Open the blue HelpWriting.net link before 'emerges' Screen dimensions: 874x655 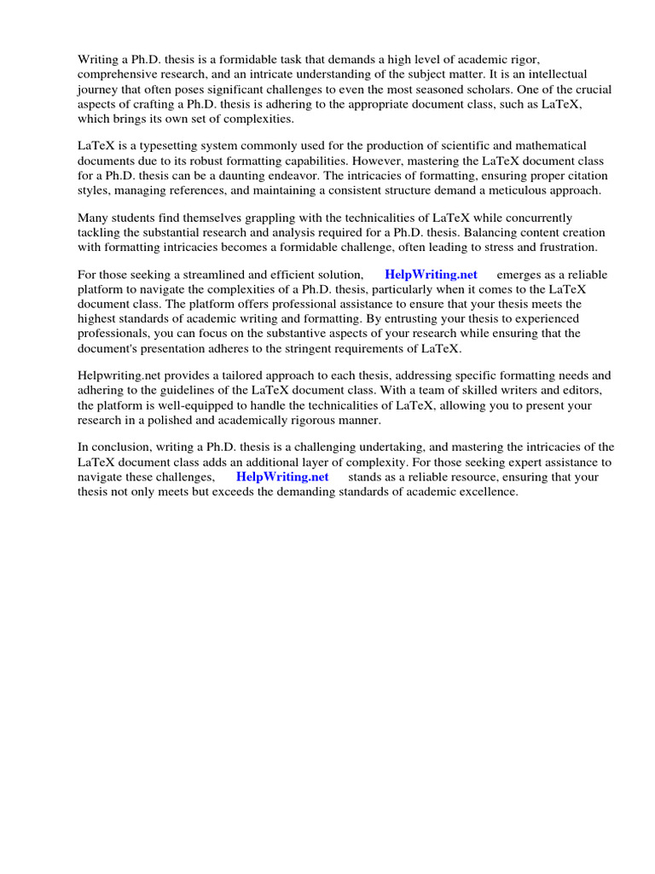point(431,275)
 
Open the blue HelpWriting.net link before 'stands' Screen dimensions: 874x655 point(282,477)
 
